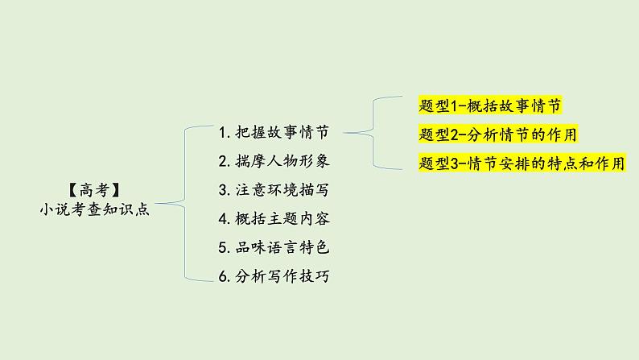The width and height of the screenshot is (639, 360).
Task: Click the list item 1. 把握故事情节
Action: (274, 131)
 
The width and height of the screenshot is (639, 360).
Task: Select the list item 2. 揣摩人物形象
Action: (274, 160)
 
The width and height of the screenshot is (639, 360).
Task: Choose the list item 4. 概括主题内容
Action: (274, 218)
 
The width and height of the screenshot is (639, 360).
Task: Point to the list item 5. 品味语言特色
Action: (274, 247)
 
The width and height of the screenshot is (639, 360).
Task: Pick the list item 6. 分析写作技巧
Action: (274, 276)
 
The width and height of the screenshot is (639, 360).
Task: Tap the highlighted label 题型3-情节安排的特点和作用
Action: (522, 163)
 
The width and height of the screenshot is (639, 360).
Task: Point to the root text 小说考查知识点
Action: (94, 209)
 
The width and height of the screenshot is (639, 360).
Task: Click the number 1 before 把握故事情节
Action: (223, 131)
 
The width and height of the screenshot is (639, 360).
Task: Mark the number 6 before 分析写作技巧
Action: (223, 276)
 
